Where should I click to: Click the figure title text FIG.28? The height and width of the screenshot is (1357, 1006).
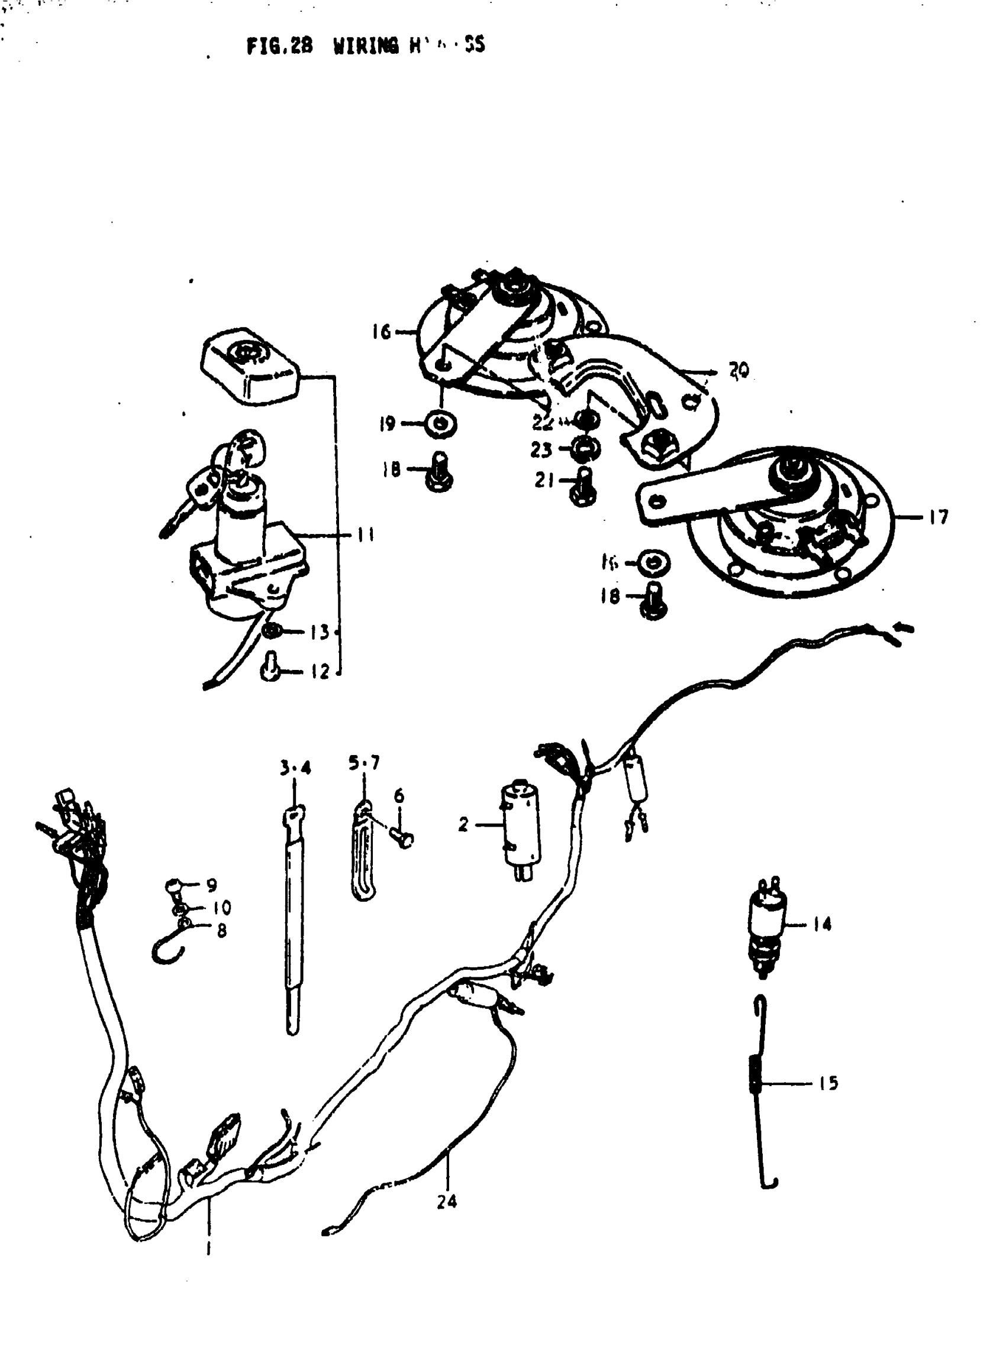point(279,46)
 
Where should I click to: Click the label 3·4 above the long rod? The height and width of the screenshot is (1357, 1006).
point(295,768)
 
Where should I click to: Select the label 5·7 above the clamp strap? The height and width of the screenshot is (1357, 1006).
point(364,763)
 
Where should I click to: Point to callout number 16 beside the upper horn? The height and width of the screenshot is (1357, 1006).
point(381,332)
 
